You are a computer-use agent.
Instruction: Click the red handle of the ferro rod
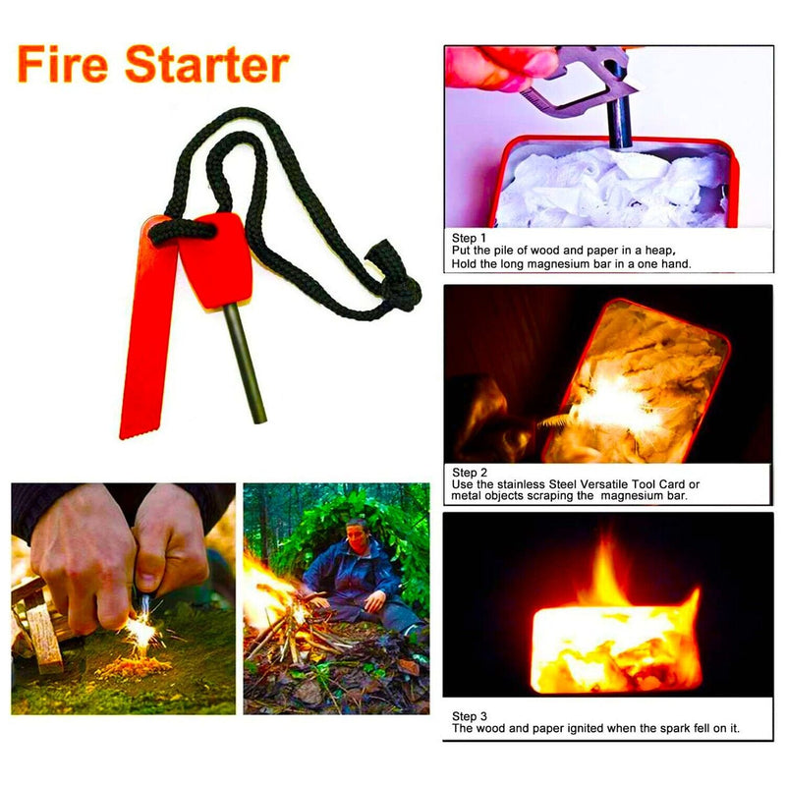(x=214, y=260)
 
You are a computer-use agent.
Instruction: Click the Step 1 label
(x=469, y=239)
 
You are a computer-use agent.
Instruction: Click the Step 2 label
(x=469, y=473)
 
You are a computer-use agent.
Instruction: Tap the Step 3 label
(x=469, y=716)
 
